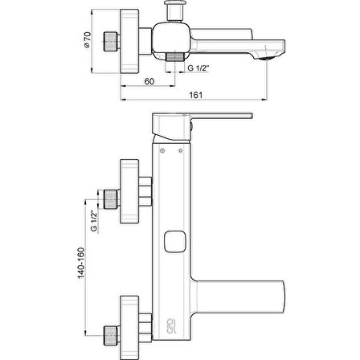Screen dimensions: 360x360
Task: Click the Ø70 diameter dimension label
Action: pyautogui.click(x=88, y=40)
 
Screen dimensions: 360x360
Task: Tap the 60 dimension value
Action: pyautogui.click(x=149, y=81)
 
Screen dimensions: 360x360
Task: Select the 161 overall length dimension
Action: pyautogui.click(x=196, y=95)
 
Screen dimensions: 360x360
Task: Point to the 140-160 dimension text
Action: pyautogui.click(x=81, y=263)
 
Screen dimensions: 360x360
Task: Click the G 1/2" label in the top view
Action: pyautogui.click(x=198, y=68)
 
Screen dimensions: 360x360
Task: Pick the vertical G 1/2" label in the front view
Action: pyautogui.click(x=94, y=220)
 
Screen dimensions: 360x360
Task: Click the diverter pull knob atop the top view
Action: pyautogui.click(x=174, y=11)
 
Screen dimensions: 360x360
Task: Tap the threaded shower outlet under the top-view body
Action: pyautogui.click(x=175, y=57)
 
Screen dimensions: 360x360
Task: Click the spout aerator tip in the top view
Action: pyautogui.click(x=267, y=57)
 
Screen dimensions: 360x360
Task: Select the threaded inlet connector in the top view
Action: pyautogui.click(x=112, y=41)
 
